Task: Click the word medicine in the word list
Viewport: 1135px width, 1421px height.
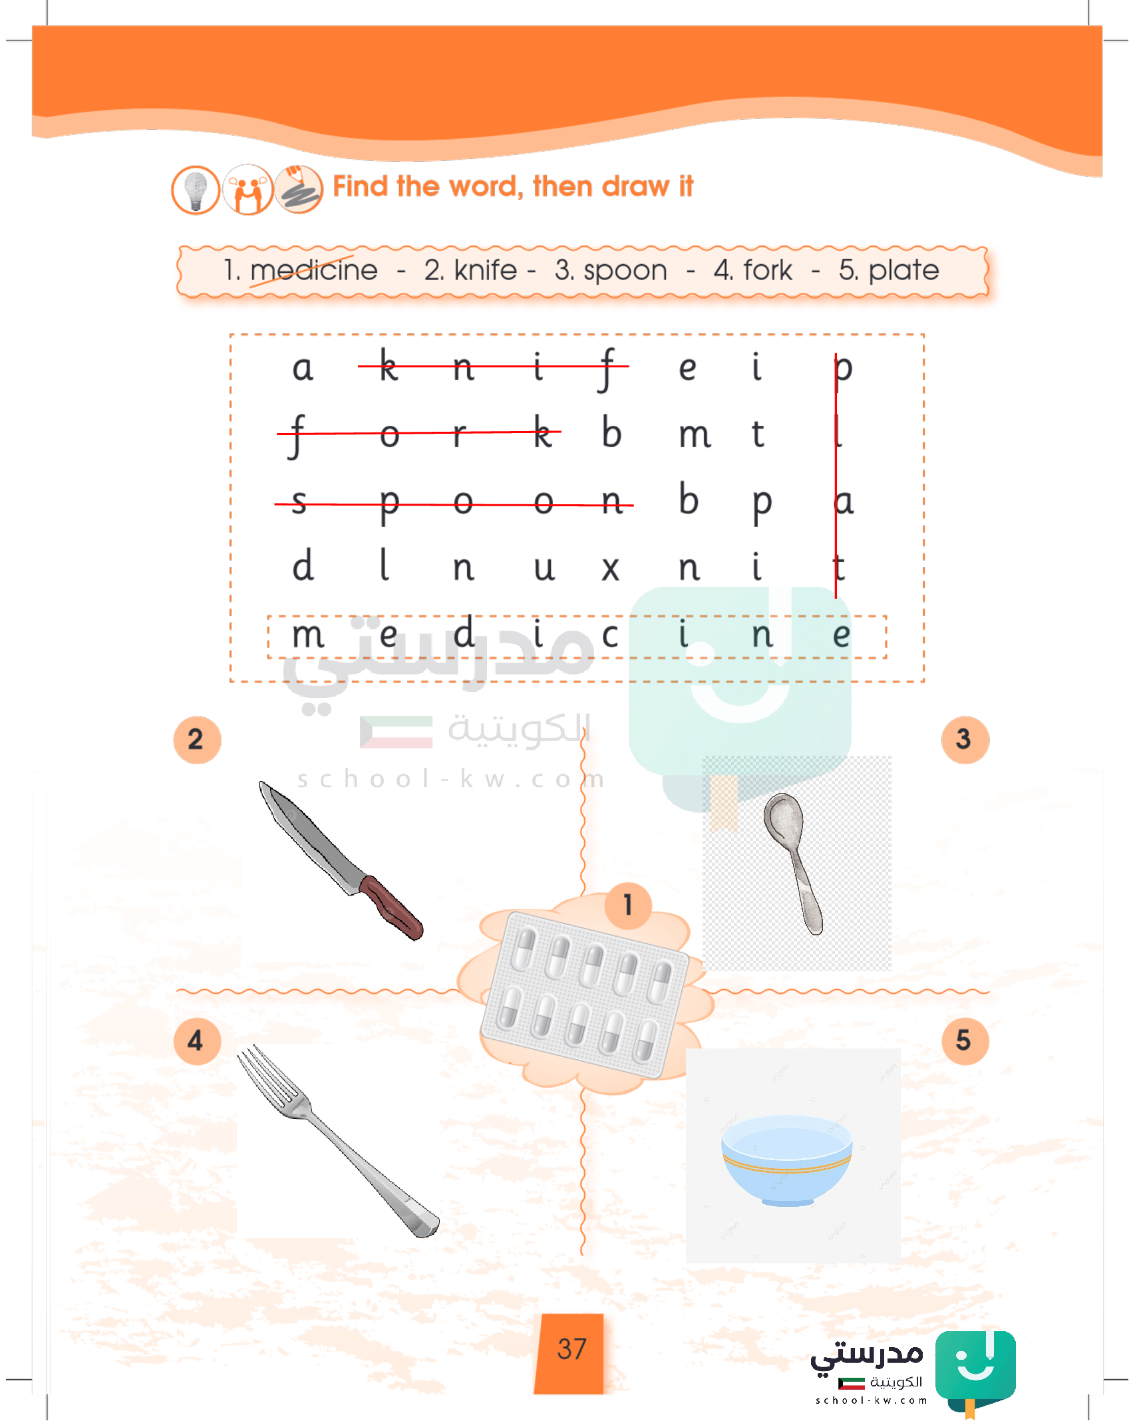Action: pos(313,270)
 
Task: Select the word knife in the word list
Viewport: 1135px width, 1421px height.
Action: pos(485,270)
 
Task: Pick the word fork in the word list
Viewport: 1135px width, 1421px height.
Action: pos(768,270)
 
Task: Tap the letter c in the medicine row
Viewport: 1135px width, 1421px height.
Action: pos(610,635)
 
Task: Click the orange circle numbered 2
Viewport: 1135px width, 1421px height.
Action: pos(197,740)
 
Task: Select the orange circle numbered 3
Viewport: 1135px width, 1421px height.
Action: pos(965,740)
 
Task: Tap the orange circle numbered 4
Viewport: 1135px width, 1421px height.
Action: pos(197,1041)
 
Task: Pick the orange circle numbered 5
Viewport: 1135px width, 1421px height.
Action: pos(965,1041)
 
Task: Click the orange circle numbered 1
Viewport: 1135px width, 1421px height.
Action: pos(628,905)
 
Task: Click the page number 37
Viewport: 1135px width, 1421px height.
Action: pos(571,1349)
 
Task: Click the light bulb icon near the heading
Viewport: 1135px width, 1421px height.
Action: pos(196,190)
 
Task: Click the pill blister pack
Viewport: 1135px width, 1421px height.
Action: pos(584,993)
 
